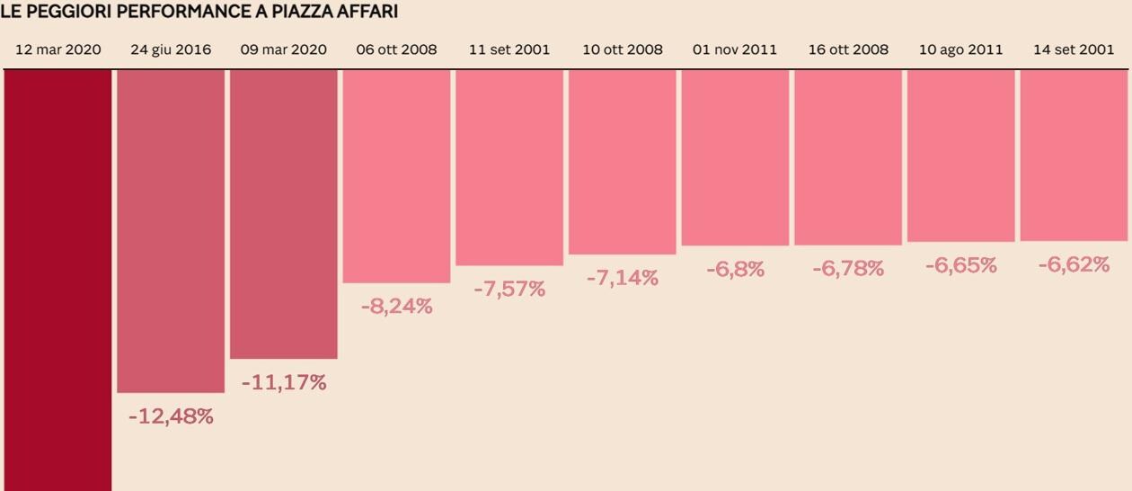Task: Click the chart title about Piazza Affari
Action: coord(199,12)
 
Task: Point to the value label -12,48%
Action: coord(171,416)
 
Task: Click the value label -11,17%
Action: coord(284,382)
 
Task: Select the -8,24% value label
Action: coord(396,306)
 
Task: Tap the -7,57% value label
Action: coord(509,289)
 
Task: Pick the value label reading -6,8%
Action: coord(735,269)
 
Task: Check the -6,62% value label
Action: coord(1074,264)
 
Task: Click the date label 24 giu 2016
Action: coord(171,49)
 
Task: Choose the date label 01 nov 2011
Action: coord(735,49)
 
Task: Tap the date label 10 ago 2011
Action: coord(960,49)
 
